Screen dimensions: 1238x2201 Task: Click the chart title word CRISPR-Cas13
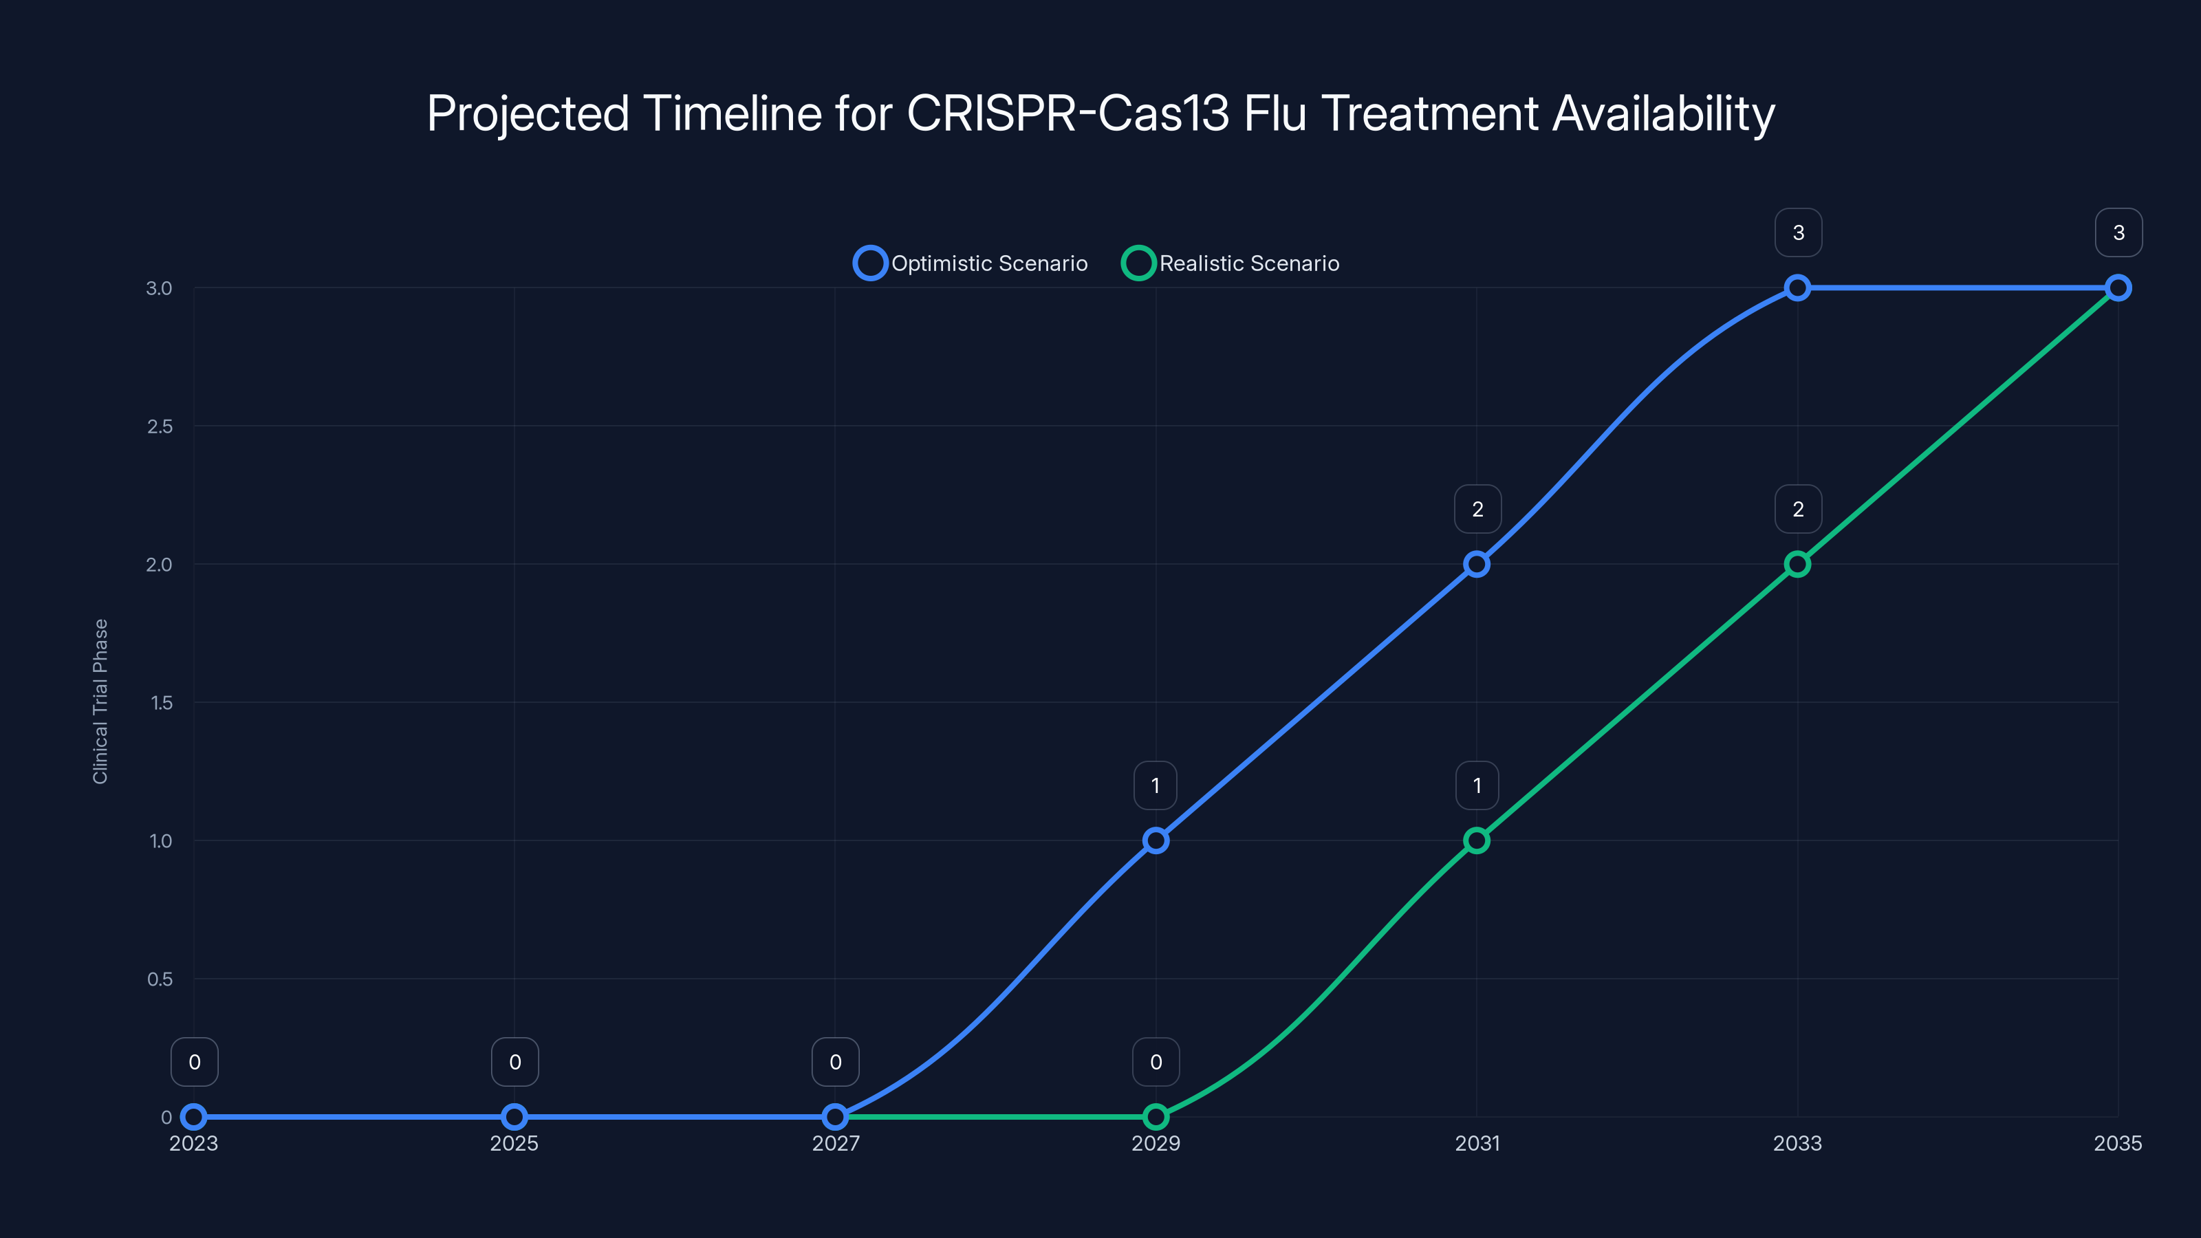(1067, 113)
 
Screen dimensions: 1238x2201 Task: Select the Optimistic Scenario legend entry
(971, 263)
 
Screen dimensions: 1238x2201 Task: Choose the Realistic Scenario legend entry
(1231, 263)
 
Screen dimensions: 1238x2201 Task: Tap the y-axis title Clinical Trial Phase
(101, 702)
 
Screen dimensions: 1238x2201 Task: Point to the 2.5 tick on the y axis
(160, 426)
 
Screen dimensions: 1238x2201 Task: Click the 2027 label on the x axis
(836, 1143)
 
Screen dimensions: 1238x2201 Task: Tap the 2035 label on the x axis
(2117, 1143)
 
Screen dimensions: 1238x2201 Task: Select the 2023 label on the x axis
(194, 1143)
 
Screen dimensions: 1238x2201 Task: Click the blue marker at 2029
(1156, 840)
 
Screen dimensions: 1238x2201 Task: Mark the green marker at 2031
(1477, 840)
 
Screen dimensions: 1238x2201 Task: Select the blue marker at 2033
(1798, 288)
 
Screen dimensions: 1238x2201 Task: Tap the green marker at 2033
(1798, 564)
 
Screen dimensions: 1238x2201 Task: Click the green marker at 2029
(1156, 1117)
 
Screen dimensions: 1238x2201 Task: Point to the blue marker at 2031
(1477, 564)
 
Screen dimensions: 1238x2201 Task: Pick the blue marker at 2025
(514, 1117)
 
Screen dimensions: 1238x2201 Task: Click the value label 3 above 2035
(2118, 232)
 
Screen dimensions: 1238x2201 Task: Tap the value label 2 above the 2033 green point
(1798, 509)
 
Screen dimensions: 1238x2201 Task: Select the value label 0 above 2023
(195, 1062)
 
